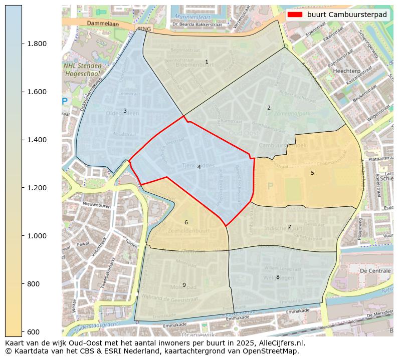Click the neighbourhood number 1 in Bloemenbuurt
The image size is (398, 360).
207,62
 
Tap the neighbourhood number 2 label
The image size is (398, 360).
269,108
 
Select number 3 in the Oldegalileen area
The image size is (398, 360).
125,111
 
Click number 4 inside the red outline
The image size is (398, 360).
199,167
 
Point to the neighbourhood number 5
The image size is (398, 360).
312,173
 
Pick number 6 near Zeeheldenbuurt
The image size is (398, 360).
186,222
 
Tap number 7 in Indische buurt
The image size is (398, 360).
289,227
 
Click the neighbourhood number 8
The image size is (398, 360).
278,277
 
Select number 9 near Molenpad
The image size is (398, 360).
184,285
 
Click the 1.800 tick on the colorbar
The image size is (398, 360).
37,44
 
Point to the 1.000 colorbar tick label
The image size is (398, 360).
37,236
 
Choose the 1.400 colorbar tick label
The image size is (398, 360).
37,140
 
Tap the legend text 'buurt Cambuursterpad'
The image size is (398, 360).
347,15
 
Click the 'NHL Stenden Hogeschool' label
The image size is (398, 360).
83,70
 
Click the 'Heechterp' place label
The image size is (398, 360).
346,72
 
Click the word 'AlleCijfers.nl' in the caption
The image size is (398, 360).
280,343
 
